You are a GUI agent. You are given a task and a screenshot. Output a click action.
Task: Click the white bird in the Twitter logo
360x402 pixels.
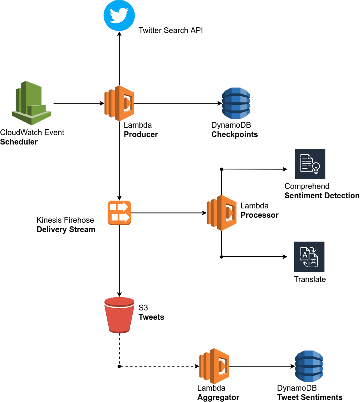point(119,16)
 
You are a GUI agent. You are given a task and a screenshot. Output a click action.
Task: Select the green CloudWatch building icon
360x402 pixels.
point(31,103)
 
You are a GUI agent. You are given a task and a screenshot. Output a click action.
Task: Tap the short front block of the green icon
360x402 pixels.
point(37,110)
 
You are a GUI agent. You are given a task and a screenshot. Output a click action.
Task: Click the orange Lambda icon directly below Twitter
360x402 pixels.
point(119,103)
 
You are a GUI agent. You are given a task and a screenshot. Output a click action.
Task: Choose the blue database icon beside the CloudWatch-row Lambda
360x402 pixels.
point(236,103)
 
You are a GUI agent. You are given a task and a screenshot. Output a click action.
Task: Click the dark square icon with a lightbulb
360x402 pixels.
point(310,164)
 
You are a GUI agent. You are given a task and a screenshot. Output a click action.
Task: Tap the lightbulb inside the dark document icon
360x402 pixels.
point(316,167)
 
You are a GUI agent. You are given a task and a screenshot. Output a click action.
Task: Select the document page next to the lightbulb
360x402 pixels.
point(306,163)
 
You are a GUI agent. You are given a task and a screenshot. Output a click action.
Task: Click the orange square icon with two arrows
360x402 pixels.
point(119,213)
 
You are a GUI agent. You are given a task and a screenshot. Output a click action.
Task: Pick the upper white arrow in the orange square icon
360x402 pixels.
point(119,207)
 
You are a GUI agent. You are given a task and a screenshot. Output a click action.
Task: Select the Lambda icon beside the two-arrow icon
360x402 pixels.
point(221,213)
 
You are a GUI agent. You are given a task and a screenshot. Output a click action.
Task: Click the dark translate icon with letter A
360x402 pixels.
point(309,256)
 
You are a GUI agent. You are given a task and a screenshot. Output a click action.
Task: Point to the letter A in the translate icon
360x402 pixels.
point(304,255)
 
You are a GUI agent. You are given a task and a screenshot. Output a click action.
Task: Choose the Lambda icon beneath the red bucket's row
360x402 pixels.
point(214,366)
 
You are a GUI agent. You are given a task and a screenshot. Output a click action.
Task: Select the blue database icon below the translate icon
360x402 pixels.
point(309,366)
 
